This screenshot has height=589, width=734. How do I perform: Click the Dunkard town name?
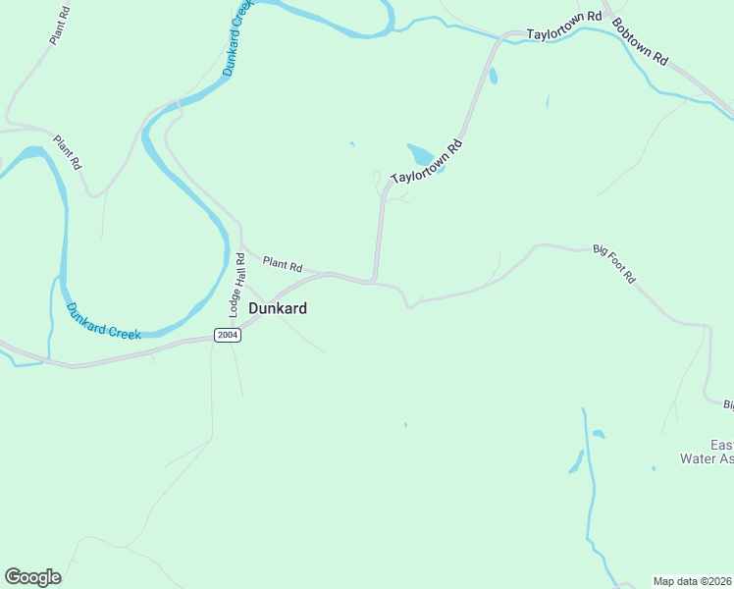[x=278, y=308]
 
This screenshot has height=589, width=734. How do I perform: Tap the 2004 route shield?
[x=228, y=336]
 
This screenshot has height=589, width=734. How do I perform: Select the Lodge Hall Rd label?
[x=236, y=284]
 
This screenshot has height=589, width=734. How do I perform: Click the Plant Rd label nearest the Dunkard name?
[x=283, y=264]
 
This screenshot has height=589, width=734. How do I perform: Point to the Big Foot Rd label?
[x=614, y=264]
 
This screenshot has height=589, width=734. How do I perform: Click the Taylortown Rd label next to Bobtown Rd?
[x=563, y=27]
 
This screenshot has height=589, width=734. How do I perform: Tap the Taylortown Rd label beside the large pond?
[x=426, y=163]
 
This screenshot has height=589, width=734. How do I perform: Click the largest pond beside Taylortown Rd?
[x=421, y=155]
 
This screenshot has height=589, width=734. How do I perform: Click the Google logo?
[x=32, y=577]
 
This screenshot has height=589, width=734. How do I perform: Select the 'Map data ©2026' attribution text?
[x=693, y=581]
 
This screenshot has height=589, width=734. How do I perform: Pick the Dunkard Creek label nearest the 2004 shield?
[x=104, y=320]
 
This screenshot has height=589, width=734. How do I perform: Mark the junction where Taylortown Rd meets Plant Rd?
[x=374, y=282]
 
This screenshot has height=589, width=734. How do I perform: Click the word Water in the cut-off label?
[x=700, y=457]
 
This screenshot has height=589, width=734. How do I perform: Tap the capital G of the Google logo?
[x=13, y=577]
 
